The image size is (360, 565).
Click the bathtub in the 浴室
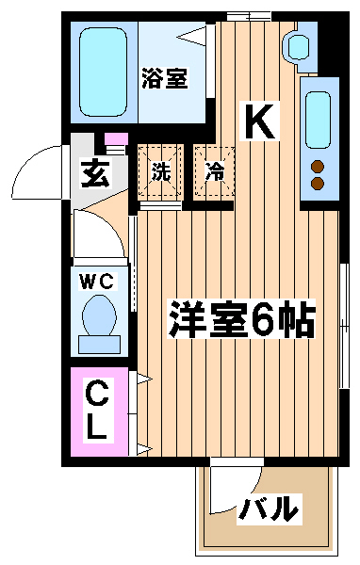(103, 72)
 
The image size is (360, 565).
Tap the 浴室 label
(165, 78)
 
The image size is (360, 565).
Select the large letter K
(260, 121)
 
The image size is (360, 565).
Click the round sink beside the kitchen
(298, 47)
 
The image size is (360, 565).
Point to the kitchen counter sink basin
(319, 120)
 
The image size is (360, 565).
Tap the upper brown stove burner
(318, 167)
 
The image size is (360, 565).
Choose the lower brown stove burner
(318, 183)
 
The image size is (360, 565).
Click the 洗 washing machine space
(160, 171)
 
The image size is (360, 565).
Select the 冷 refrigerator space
(214, 171)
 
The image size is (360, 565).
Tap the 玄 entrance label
(95, 174)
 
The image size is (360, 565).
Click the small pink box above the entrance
(116, 138)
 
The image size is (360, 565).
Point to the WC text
(98, 282)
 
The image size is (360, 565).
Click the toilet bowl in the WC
(99, 315)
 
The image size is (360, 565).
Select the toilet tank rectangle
(99, 345)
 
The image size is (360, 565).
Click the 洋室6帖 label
(241, 319)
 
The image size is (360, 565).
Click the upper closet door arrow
(144, 379)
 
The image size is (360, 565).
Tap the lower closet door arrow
(144, 449)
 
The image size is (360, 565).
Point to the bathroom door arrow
(191, 37)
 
